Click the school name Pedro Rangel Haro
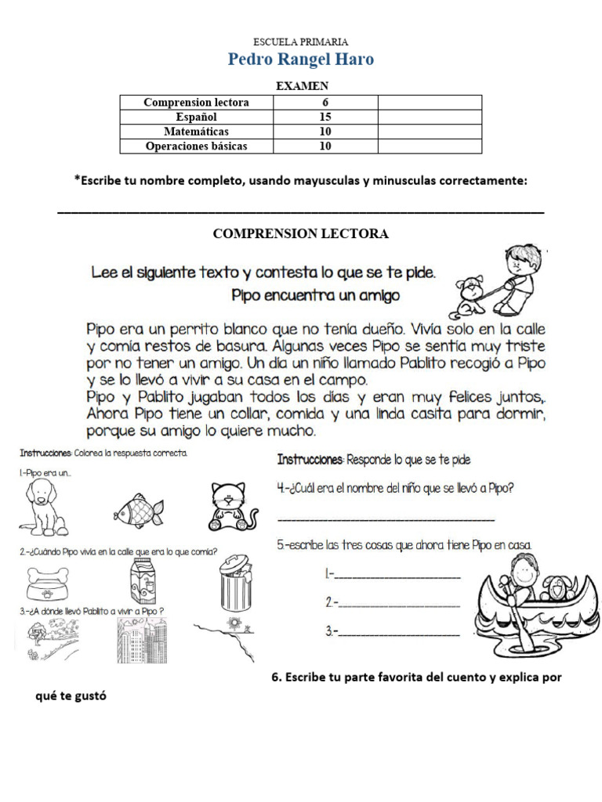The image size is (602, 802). tap(301, 60)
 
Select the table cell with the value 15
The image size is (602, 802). tap(325, 117)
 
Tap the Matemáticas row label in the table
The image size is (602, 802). tap(196, 132)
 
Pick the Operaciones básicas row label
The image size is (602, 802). tap(196, 146)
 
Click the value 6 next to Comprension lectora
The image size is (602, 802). tap(325, 103)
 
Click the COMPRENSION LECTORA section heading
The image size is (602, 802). tap(301, 234)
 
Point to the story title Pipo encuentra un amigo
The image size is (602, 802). tap(316, 296)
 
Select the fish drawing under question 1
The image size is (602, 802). tap(140, 511)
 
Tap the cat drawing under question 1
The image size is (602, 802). tap(234, 508)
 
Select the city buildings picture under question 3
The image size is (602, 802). tap(141, 639)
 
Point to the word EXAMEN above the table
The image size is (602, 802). tap(301, 86)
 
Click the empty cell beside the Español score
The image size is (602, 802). tap(430, 117)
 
